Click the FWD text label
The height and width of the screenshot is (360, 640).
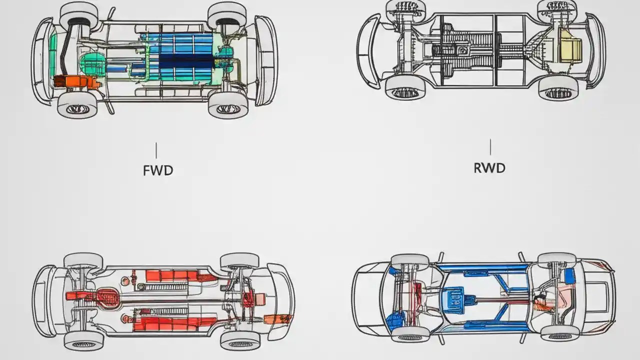pos(158,170)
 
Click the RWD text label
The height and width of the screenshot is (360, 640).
pos(489,168)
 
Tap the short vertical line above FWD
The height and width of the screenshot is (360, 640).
pos(156,150)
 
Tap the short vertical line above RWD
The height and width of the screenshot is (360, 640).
pos(490,147)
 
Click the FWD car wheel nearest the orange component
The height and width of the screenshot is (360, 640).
pos(77,105)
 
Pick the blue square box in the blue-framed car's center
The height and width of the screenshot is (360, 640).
pos(456,298)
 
